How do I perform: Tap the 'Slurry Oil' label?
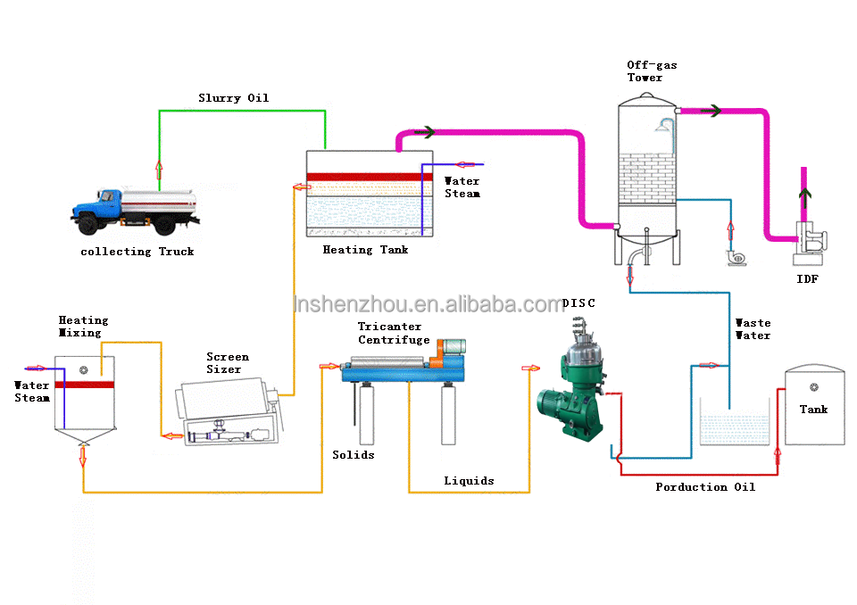(233, 98)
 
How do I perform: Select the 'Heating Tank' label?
(365, 250)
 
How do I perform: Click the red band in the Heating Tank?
(365, 177)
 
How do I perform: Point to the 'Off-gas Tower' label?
(652, 71)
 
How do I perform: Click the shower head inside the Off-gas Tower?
(663, 126)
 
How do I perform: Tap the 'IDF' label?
(807, 279)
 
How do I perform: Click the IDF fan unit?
(810, 243)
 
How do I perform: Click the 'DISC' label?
(578, 303)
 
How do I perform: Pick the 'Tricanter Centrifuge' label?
(394, 334)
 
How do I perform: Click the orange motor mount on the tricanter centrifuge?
(437, 357)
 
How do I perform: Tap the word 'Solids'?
(354, 455)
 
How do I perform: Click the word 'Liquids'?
(469, 481)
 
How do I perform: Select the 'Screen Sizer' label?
(228, 363)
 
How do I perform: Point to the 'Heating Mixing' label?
(83, 327)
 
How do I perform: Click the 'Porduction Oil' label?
(705, 487)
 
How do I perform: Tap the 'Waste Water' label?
(753, 329)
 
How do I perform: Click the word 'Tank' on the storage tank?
(813, 410)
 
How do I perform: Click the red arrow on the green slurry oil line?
(159, 170)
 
